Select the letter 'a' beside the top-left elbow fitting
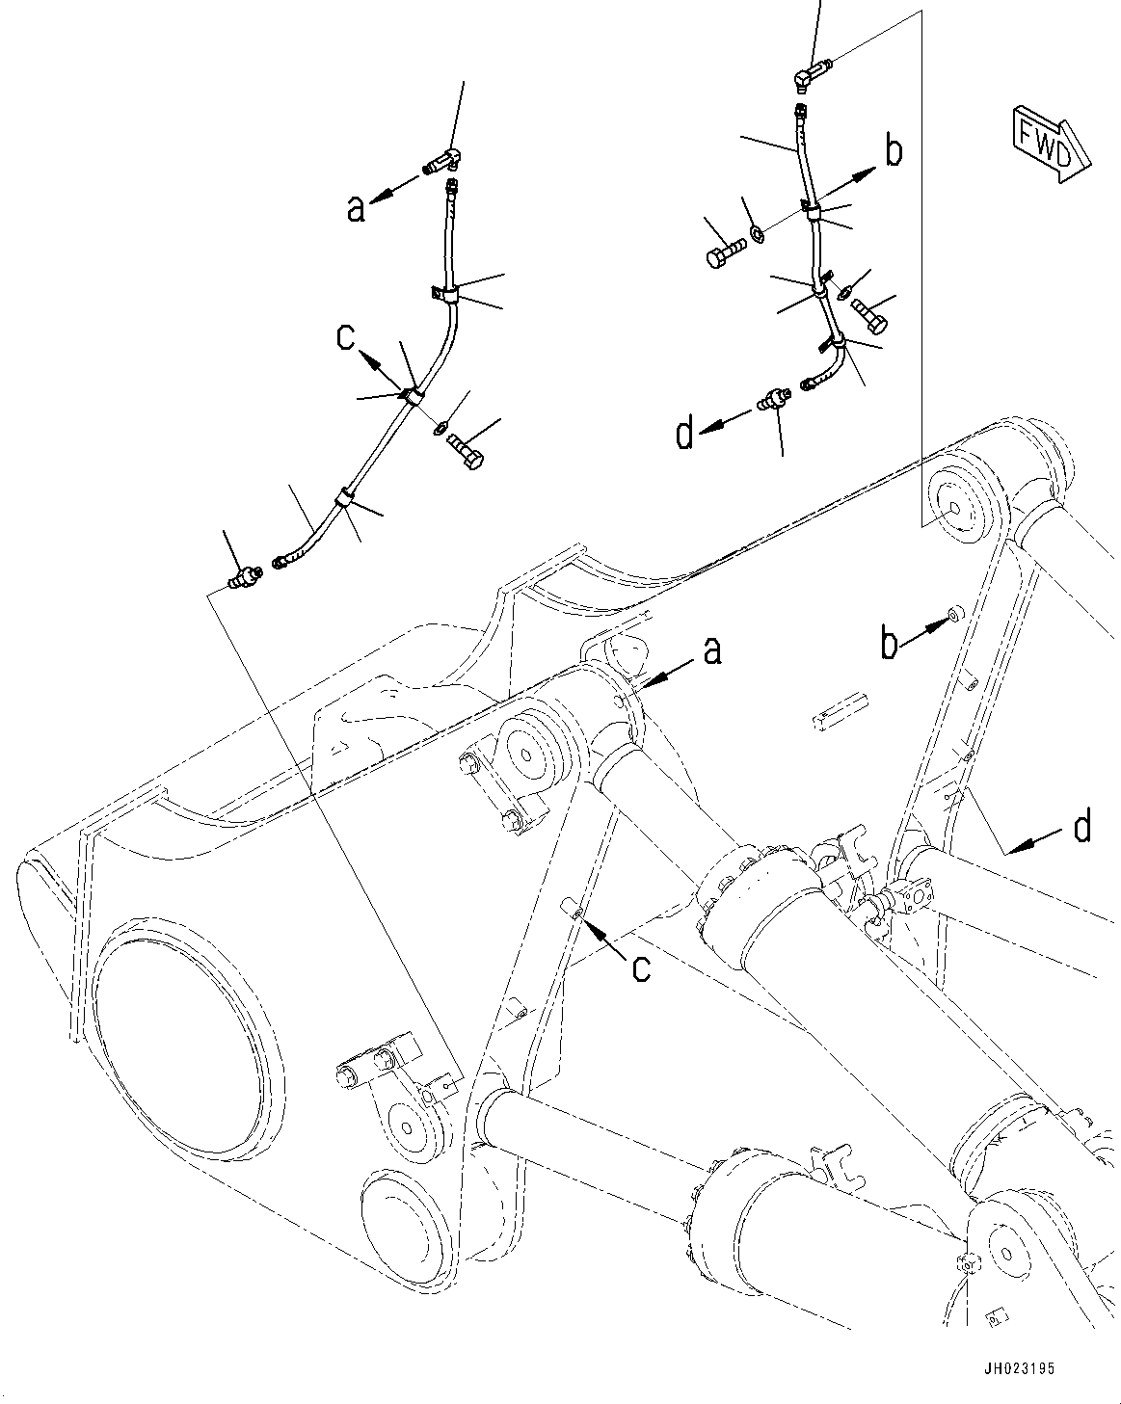357,207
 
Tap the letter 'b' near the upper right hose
894,151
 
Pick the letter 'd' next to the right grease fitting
684,435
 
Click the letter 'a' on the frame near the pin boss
711,652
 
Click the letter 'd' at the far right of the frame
1083,826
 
